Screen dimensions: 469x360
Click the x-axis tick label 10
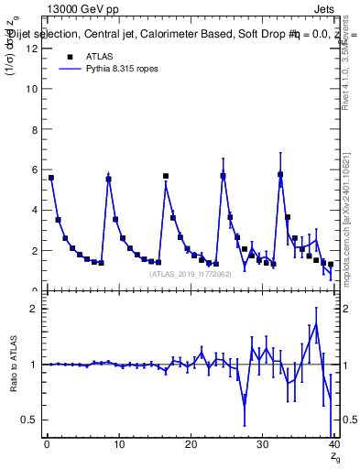(x=118, y=444)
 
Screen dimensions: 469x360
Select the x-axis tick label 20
(x=190, y=444)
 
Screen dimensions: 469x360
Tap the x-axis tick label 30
(x=261, y=444)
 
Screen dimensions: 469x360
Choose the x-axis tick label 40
(x=333, y=444)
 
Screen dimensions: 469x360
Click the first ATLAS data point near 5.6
(x=51, y=178)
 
